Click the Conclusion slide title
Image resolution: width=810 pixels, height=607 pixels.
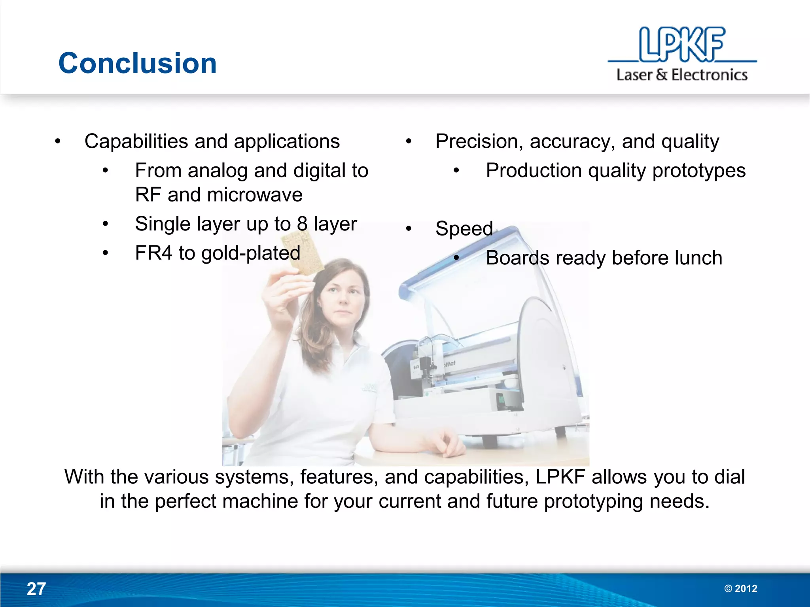coord(137,63)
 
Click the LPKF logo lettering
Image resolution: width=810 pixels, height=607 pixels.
coord(682,44)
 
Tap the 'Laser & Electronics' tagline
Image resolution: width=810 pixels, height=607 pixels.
coord(682,75)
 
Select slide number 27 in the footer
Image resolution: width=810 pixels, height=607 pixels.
coord(36,589)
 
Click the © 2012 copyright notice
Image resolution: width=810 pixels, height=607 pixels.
coord(740,588)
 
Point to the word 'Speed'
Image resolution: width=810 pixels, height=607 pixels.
coord(464,228)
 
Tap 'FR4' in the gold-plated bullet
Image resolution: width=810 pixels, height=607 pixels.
coord(153,253)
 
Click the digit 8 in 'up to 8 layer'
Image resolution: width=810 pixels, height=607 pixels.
coord(302,224)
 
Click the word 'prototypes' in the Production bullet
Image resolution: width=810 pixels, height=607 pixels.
coord(698,171)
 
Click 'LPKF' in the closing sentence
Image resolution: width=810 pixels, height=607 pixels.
coord(560,477)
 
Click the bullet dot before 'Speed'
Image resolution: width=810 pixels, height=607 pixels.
coord(409,228)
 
